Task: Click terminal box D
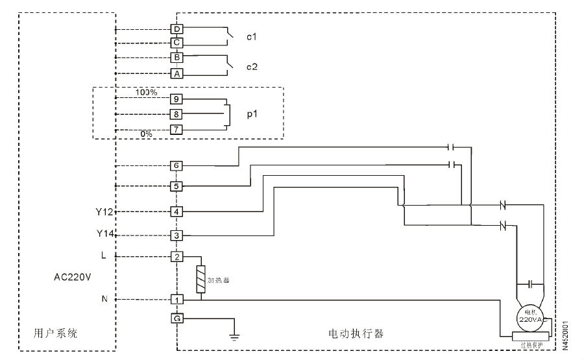pos(176,29)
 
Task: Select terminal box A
pos(176,73)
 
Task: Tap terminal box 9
pos(176,99)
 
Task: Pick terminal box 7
pos(176,130)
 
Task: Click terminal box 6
pos(176,165)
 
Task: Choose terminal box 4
pos(176,211)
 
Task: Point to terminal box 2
pos(176,256)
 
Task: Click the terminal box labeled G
pos(176,318)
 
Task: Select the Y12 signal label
pos(104,211)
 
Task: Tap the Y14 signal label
pos(104,234)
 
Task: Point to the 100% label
pos(146,92)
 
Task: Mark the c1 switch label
pos(251,37)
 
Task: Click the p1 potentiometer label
pos(251,114)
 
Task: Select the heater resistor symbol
pos(201,280)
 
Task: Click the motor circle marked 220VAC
pos(530,318)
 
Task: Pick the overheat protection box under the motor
pos(531,336)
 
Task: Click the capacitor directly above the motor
pos(531,284)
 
